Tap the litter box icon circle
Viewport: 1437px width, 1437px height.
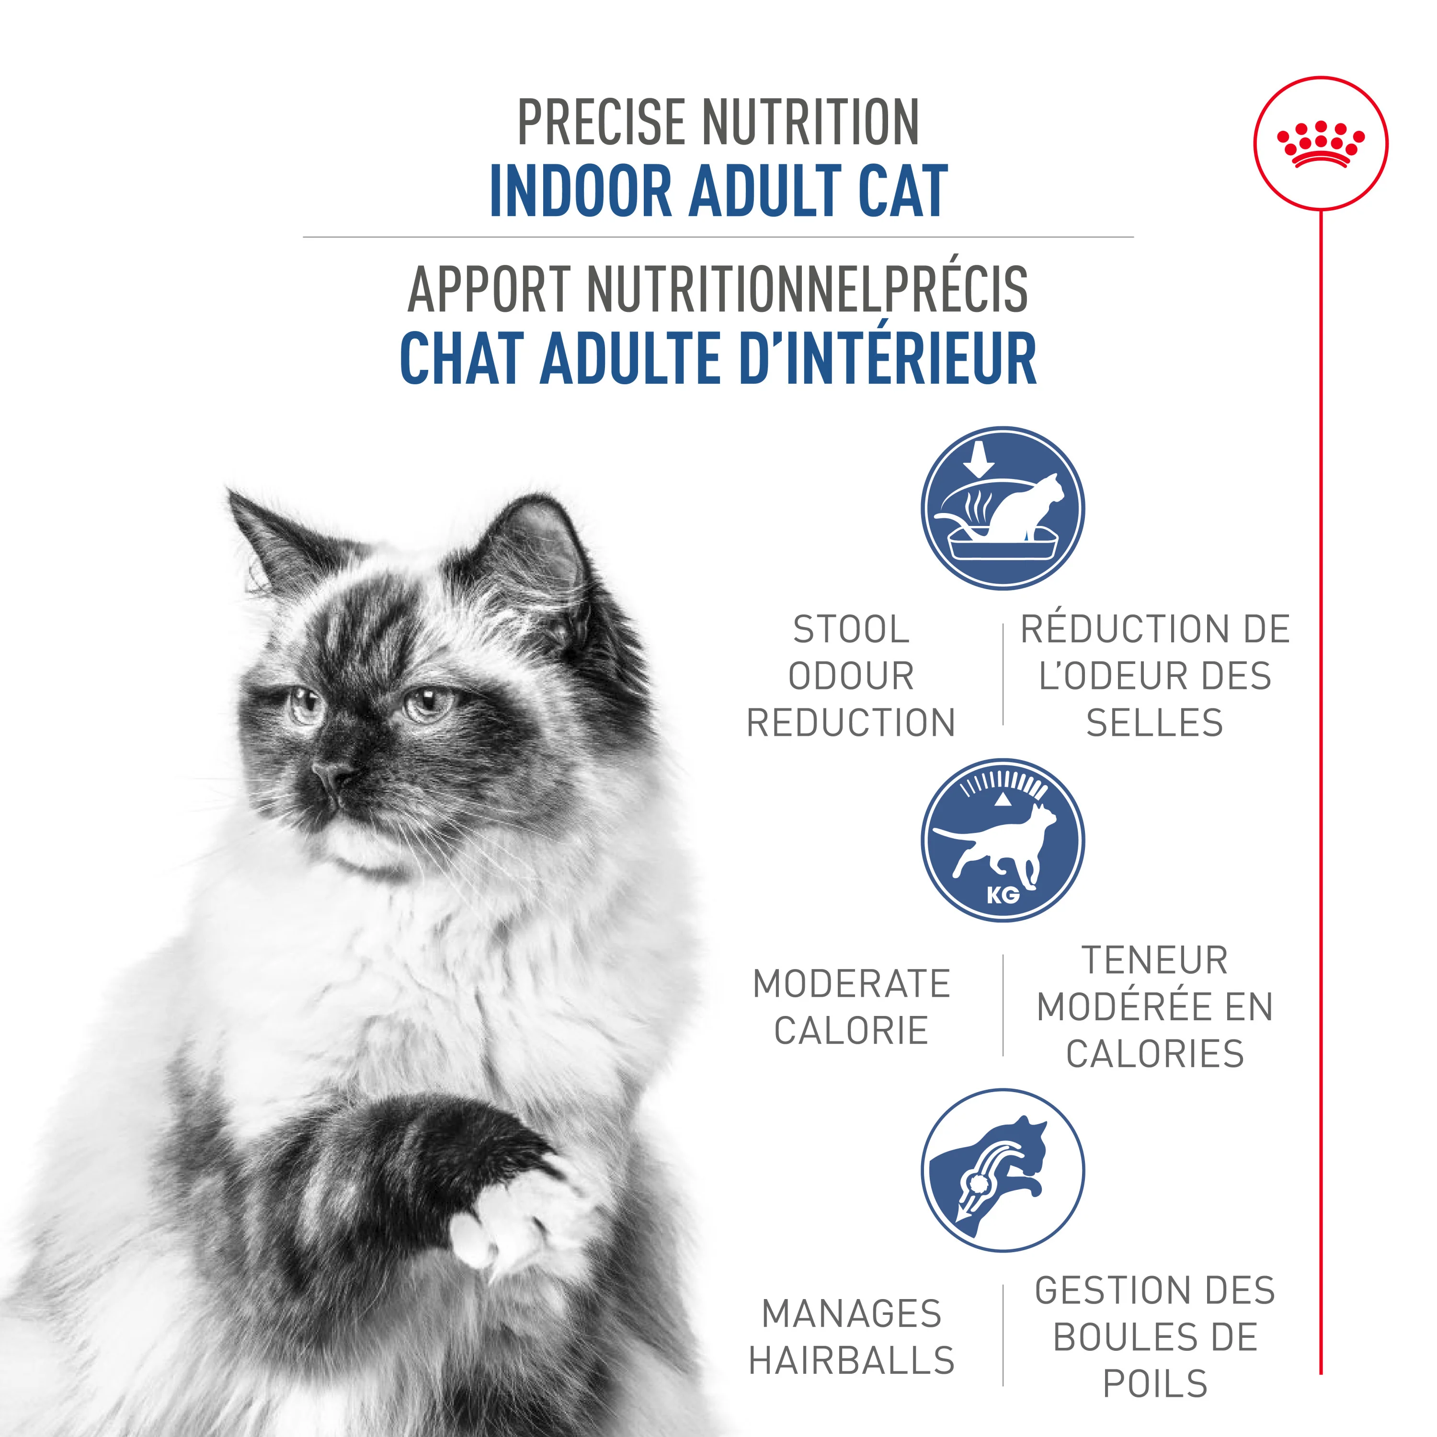pyautogui.click(x=1003, y=509)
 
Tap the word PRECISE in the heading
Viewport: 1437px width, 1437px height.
pyautogui.click(x=601, y=123)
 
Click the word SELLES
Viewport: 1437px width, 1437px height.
pyautogui.click(x=1154, y=723)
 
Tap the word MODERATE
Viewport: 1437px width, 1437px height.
pyautogui.click(x=852, y=983)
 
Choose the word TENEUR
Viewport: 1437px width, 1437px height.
pyautogui.click(x=1154, y=960)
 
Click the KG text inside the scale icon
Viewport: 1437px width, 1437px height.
pyautogui.click(x=1003, y=895)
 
